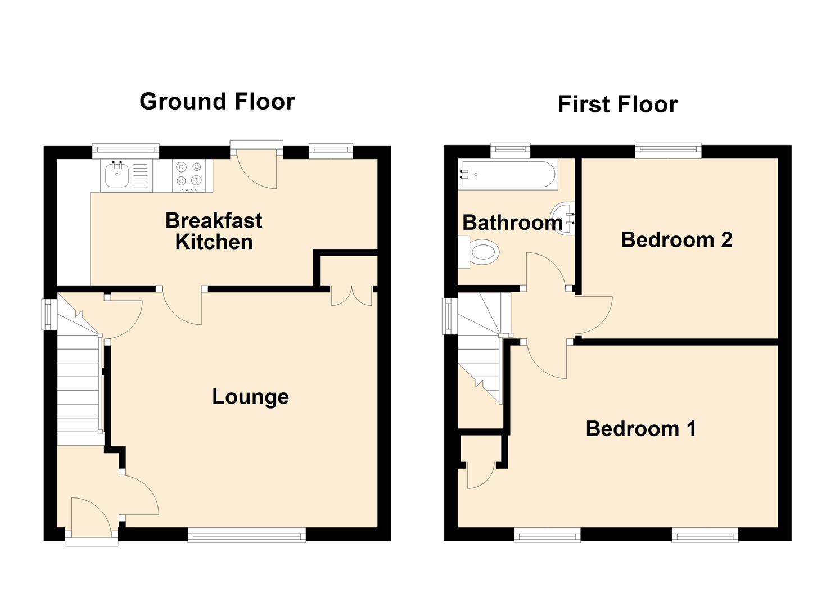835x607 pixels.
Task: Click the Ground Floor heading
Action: coord(217,101)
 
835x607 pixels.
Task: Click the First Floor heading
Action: coord(618,104)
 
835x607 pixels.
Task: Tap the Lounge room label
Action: coord(251,397)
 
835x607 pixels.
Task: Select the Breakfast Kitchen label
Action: coord(214,231)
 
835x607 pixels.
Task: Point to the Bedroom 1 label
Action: coord(641,428)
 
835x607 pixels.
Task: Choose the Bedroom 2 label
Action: coord(676,239)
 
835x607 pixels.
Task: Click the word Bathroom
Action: coord(513,223)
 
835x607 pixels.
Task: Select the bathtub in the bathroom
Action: coord(508,174)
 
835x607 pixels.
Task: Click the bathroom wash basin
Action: coord(565,219)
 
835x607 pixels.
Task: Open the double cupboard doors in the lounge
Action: coord(352,296)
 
